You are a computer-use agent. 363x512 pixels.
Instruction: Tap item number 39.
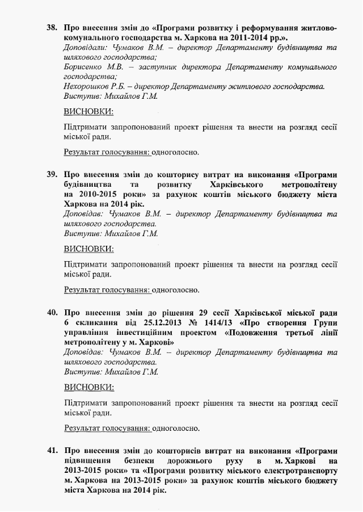click(x=52, y=174)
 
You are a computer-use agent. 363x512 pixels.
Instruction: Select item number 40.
click(x=52, y=312)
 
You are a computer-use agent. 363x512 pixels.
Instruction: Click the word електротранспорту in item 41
click(x=298, y=471)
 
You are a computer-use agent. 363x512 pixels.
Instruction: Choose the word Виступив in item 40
click(x=83, y=372)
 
